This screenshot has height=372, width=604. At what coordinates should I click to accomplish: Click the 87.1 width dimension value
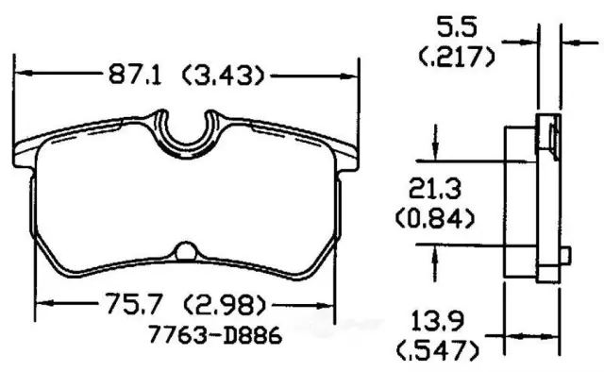coord(135,75)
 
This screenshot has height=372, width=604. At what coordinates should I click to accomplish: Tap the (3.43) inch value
coord(224,76)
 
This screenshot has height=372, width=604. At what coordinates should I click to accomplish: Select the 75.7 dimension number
coord(132,303)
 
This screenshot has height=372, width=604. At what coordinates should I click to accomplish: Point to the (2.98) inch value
coord(225,305)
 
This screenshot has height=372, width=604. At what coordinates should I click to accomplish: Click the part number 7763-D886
coord(215,334)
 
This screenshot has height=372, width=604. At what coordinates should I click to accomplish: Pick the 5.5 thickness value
coord(457,27)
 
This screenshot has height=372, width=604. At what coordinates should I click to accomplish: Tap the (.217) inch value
coord(457,57)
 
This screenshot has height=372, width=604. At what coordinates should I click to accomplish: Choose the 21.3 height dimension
coord(435,189)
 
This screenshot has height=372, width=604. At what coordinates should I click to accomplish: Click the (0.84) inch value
coord(435,218)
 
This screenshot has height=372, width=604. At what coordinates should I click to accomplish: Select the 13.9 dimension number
coord(438,322)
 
